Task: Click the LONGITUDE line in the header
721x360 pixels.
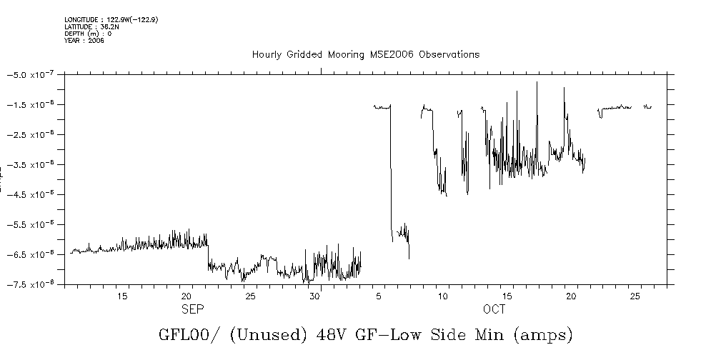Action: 111,19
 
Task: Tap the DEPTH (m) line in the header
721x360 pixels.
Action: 87,33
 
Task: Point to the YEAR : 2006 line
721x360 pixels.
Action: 84,40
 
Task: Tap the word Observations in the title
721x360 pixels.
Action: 449,55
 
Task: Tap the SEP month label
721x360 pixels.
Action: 192,309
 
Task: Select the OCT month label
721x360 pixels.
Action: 494,309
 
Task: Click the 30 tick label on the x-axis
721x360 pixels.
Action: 315,296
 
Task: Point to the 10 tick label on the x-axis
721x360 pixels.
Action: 444,296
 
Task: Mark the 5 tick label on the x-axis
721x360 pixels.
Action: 383,296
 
